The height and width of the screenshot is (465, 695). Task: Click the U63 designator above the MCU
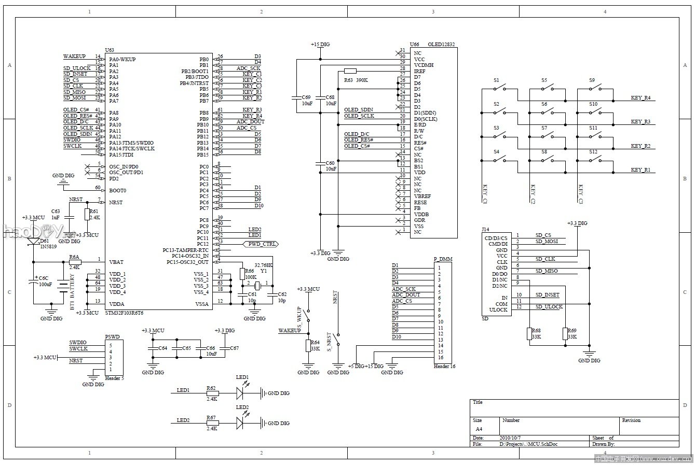(109, 50)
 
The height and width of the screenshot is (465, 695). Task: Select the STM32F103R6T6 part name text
(124, 313)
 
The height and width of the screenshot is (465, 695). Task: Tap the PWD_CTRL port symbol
(260, 244)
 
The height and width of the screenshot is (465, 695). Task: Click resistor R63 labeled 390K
(350, 71)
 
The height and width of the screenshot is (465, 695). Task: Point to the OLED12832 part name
(441, 45)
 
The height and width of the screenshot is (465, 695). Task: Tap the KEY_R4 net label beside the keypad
(640, 97)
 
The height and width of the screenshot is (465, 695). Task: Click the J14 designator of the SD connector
(485, 229)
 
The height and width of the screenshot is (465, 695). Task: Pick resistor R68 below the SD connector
(529, 334)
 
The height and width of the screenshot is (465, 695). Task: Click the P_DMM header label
(442, 259)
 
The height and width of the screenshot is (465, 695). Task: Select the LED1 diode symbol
(240, 393)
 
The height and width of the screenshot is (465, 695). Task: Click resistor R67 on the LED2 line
(212, 423)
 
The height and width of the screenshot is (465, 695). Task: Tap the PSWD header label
(112, 336)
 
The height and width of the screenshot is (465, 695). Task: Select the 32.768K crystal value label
(263, 265)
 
